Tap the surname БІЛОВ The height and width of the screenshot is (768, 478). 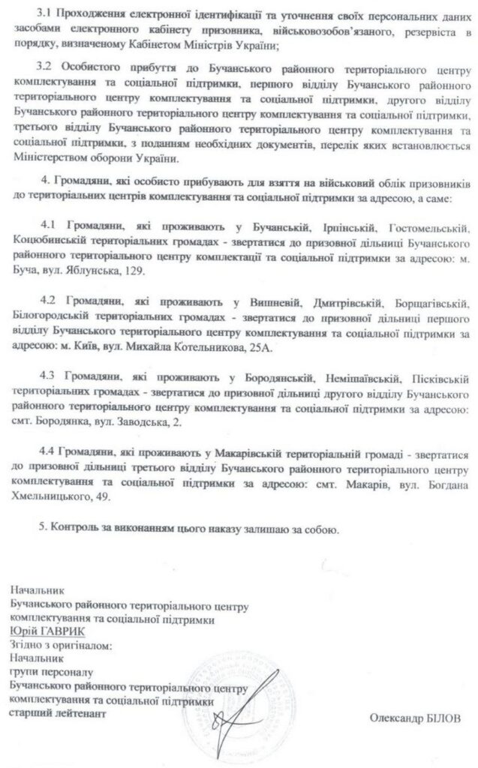coord(443,718)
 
